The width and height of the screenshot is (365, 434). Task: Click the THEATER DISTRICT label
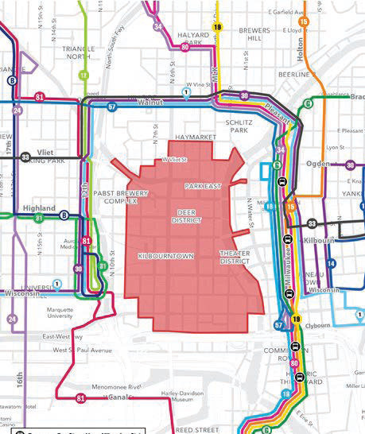(x=235, y=257)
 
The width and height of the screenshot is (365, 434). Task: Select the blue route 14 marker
(x=332, y=263)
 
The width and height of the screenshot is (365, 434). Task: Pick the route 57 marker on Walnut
(x=112, y=106)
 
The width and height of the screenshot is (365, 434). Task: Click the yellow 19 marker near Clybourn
(x=296, y=320)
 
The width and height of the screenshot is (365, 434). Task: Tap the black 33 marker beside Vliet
(x=26, y=157)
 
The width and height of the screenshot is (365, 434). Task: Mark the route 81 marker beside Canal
(x=80, y=397)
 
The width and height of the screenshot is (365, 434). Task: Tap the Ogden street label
(x=319, y=164)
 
